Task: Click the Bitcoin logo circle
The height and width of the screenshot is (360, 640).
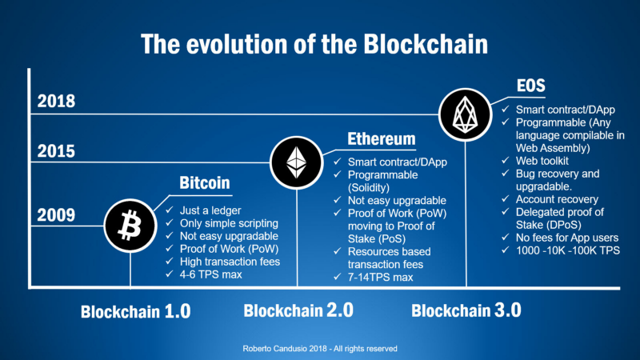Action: click(x=130, y=226)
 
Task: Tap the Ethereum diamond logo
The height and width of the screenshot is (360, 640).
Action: click(x=296, y=162)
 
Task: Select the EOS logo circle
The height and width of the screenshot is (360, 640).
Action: click(x=465, y=114)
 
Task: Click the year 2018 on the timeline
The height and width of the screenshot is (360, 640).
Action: click(x=56, y=102)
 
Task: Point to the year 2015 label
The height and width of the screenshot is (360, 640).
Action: click(x=56, y=151)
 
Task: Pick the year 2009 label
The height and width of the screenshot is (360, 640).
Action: click(x=56, y=215)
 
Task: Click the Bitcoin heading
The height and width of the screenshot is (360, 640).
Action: click(x=205, y=183)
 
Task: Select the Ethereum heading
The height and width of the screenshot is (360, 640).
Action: click(x=382, y=139)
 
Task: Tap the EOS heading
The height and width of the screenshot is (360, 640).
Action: click(x=530, y=86)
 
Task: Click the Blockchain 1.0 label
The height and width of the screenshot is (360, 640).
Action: click(x=135, y=311)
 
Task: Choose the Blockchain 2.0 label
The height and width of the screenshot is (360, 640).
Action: click(x=298, y=310)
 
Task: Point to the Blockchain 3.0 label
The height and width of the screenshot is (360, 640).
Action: click(x=466, y=310)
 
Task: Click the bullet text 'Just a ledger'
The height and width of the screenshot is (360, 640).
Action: click(x=210, y=210)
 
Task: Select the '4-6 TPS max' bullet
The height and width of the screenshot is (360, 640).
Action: click(x=210, y=274)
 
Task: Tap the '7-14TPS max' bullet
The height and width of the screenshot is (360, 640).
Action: click(x=381, y=278)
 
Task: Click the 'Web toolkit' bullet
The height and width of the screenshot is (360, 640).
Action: click(x=542, y=161)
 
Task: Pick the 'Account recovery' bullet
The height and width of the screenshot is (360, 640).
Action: click(x=557, y=199)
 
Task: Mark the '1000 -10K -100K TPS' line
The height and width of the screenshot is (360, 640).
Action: click(x=568, y=250)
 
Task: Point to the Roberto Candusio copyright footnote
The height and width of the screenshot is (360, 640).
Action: click(x=320, y=349)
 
